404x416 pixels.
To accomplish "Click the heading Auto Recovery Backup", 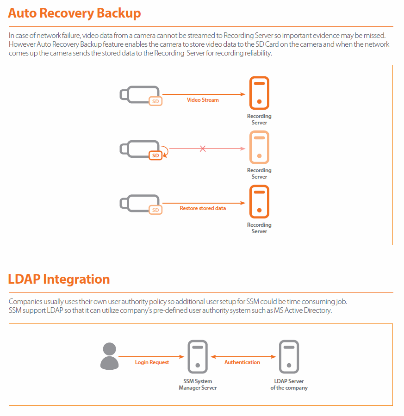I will point(74,13).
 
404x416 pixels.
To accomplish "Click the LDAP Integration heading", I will point(59,279).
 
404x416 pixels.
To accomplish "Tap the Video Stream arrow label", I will point(203,100).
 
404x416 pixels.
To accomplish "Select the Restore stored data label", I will point(203,208).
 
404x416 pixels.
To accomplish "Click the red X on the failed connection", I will point(203,149).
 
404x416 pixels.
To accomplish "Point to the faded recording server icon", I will point(259,148).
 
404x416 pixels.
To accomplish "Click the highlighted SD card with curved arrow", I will point(155,155).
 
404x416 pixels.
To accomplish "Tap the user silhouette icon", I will point(109,356).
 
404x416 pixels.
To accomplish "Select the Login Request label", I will point(152,362).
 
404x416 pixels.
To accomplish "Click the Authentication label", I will point(242,362).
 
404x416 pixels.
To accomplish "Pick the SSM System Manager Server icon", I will point(198,357).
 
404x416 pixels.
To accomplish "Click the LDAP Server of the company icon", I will point(289,357).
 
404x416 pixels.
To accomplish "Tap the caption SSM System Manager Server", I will point(198,385).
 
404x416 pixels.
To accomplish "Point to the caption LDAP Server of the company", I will point(289,385).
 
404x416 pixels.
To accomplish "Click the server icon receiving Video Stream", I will point(259,93).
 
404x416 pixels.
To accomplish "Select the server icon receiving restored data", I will point(259,202).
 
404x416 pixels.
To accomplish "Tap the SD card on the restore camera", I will point(155,210).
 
